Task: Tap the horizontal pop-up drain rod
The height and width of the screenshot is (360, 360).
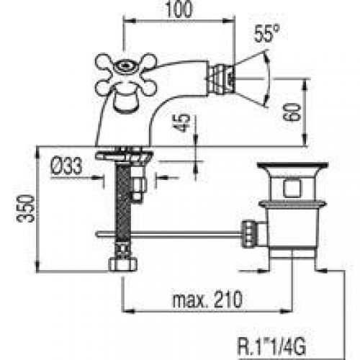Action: [173, 233]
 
